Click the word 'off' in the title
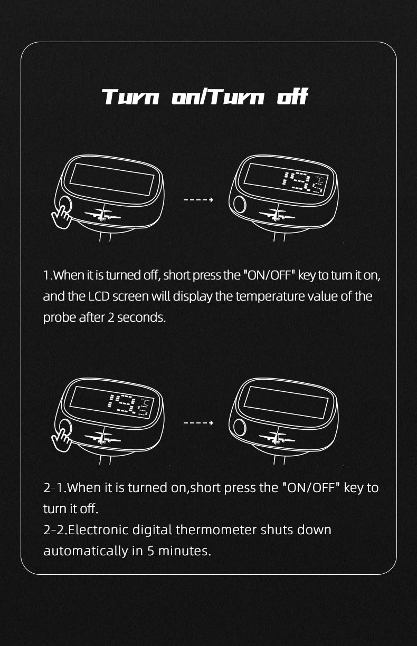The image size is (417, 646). point(292,97)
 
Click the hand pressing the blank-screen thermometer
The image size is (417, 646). point(61,217)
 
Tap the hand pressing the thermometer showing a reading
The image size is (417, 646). point(61,440)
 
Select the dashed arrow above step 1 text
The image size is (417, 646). point(198,199)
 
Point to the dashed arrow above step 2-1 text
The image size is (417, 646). point(198,423)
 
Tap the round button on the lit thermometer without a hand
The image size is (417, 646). point(240,204)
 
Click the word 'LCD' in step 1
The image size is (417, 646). point(99,296)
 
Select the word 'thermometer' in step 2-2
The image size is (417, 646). point(216,530)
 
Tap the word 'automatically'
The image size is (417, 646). point(86,552)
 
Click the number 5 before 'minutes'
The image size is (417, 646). point(150,551)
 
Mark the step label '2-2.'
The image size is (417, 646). point(55,530)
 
